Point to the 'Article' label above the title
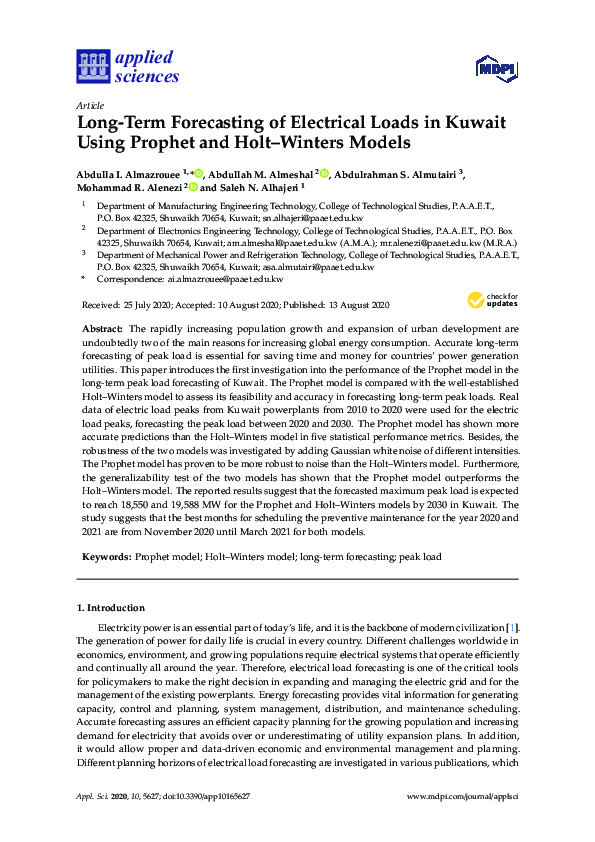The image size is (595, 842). coord(90,104)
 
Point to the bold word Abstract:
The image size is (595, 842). coord(102,329)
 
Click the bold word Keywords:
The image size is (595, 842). coord(105,553)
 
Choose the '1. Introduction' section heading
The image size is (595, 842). coord(111,607)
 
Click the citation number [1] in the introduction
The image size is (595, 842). coord(513,626)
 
